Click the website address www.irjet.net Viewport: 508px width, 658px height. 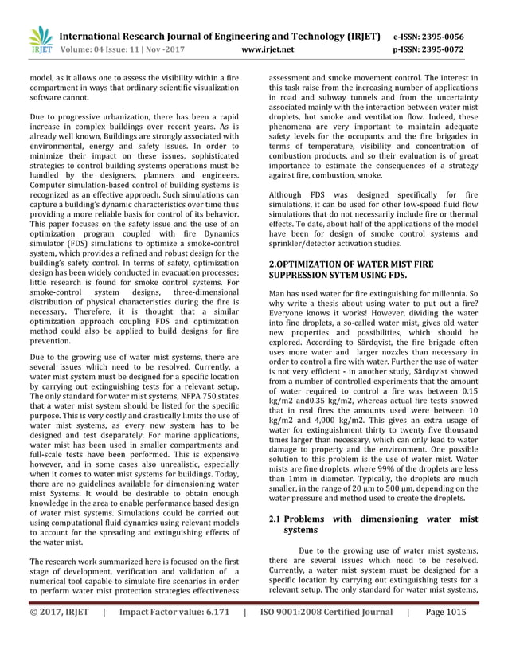point(267,49)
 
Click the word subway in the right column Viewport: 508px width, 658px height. point(335,101)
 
